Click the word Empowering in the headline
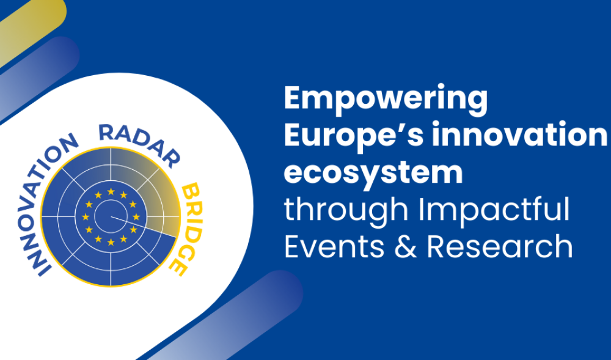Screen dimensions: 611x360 click(x=386, y=100)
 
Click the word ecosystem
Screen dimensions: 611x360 click(x=373, y=174)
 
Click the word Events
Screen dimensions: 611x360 click(x=334, y=247)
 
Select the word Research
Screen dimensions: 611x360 click(x=500, y=246)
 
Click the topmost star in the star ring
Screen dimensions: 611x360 click(x=111, y=191)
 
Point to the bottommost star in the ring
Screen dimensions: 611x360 click(x=111, y=242)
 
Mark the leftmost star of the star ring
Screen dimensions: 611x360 click(x=86, y=216)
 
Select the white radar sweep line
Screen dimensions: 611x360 click(x=144, y=226)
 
